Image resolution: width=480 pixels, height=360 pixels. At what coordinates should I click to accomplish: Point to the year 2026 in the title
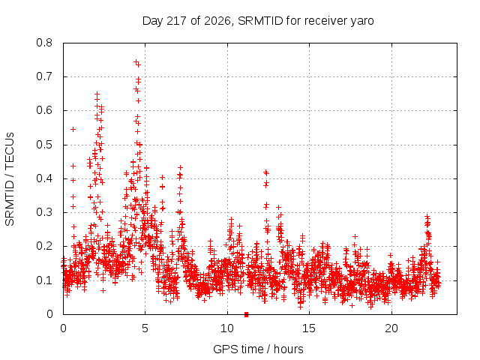click(217, 21)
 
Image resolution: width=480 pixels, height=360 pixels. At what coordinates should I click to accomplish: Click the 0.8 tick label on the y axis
click(44, 43)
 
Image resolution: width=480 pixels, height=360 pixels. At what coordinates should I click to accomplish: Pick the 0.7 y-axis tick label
click(44, 76)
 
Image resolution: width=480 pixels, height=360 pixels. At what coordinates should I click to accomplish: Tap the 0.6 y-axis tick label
click(44, 110)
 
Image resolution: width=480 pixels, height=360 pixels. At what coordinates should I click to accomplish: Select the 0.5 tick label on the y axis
click(44, 145)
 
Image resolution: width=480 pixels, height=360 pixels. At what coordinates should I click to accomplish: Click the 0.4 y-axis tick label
click(44, 178)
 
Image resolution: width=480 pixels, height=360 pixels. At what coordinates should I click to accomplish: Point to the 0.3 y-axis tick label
click(44, 212)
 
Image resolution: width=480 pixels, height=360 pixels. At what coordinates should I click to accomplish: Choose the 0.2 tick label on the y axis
click(44, 246)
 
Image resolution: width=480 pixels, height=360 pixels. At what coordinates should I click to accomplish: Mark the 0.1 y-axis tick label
click(44, 280)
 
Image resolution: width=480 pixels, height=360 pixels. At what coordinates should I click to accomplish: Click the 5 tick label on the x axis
click(145, 328)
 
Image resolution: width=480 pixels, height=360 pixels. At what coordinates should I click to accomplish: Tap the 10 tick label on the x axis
click(227, 328)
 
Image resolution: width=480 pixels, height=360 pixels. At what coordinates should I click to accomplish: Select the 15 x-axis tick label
click(309, 328)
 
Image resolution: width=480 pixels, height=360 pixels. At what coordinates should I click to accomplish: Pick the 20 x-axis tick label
click(391, 328)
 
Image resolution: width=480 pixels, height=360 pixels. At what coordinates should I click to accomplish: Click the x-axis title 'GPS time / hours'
click(258, 349)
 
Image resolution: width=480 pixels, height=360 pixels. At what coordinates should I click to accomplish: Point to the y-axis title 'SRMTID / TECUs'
click(10, 179)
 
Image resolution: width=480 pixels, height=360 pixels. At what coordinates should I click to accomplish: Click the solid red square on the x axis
click(246, 315)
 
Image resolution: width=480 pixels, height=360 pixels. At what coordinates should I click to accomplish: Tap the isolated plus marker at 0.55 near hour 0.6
click(73, 130)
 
